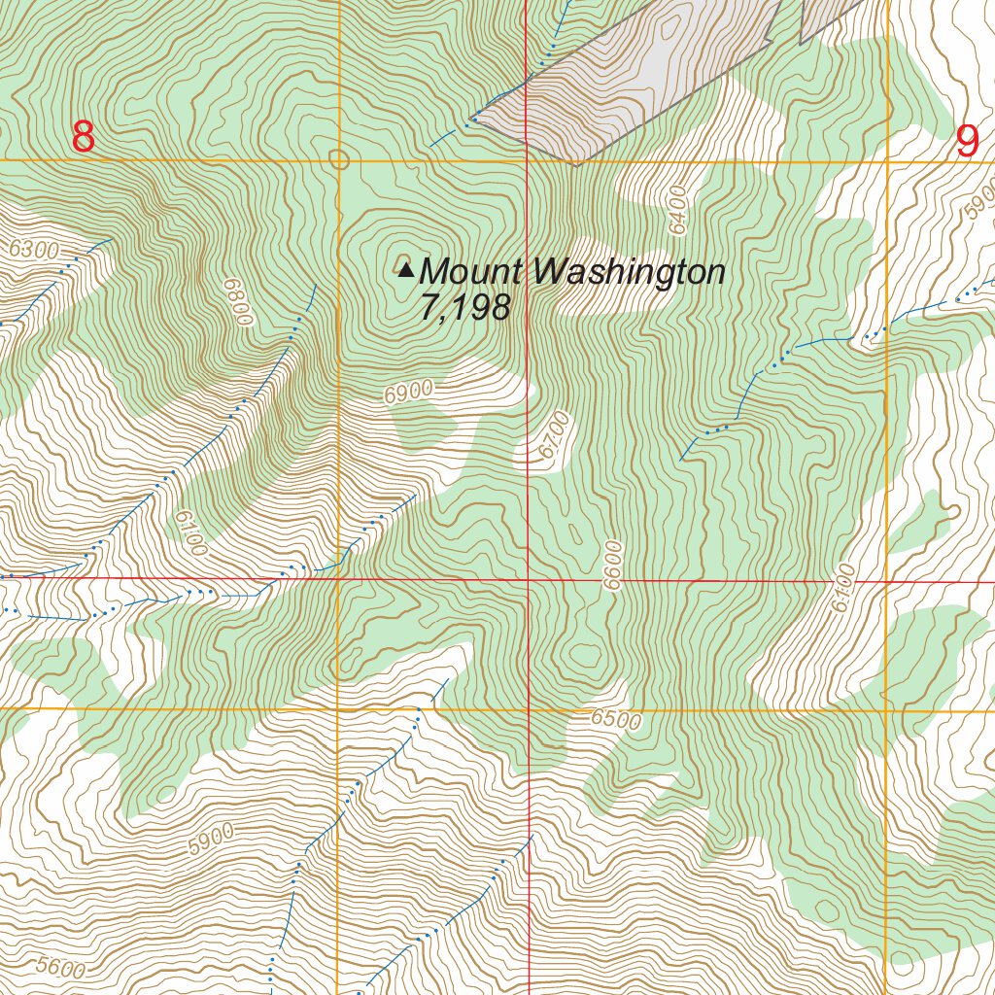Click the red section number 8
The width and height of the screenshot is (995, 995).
(x=84, y=137)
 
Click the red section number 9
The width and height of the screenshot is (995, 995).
(x=968, y=142)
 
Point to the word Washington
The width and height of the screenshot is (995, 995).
(x=630, y=272)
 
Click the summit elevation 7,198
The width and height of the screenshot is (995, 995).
(x=464, y=308)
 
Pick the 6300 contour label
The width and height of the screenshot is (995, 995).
(x=34, y=250)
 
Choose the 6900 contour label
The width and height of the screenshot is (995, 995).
(x=408, y=393)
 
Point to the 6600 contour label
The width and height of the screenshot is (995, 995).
(x=611, y=565)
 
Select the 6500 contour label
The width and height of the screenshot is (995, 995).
(x=616, y=720)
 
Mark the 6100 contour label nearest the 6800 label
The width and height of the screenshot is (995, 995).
(x=191, y=534)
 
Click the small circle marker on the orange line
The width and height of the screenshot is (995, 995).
(x=338, y=158)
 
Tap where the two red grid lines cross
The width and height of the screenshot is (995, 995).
(x=528, y=580)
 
